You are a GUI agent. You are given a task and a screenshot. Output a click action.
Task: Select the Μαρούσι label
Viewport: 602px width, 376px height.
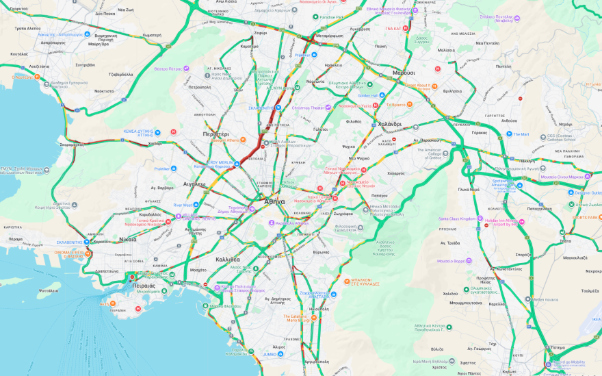[404, 72]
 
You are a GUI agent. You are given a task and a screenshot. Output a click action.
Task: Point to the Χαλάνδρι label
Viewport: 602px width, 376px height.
[389, 124]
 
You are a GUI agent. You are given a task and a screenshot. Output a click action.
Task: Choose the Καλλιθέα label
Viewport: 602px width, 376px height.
[227, 260]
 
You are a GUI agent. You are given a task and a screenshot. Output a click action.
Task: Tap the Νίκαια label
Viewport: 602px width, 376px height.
[127, 239]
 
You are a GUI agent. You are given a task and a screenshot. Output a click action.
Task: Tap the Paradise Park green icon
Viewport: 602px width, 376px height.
[315, 16]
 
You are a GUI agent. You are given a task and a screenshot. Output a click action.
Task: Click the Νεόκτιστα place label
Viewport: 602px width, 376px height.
[104, 90]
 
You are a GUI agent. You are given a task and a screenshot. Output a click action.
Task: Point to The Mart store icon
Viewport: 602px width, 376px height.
[509, 134]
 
